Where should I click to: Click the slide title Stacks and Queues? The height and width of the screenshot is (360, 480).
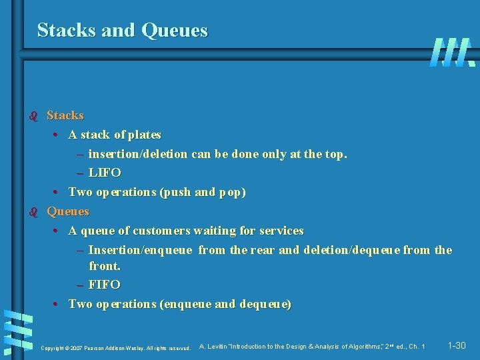(x=123, y=31)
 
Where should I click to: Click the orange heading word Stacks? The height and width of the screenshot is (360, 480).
(x=65, y=116)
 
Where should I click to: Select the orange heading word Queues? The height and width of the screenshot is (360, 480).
(x=67, y=211)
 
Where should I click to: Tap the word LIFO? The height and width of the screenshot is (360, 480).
(x=105, y=173)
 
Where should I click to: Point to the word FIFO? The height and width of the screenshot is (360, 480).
(x=105, y=285)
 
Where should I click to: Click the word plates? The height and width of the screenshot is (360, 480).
(x=145, y=135)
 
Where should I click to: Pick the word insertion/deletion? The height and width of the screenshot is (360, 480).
(x=138, y=154)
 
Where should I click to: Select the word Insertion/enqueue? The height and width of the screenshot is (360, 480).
(x=141, y=250)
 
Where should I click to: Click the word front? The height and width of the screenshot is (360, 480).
(x=105, y=266)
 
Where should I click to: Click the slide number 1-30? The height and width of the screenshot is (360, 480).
(x=457, y=345)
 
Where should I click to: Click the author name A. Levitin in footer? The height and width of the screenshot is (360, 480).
(x=214, y=347)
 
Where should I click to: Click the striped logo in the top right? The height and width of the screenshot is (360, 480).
(x=452, y=52)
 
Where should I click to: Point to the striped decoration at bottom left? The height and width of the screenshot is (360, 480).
(x=17, y=331)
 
